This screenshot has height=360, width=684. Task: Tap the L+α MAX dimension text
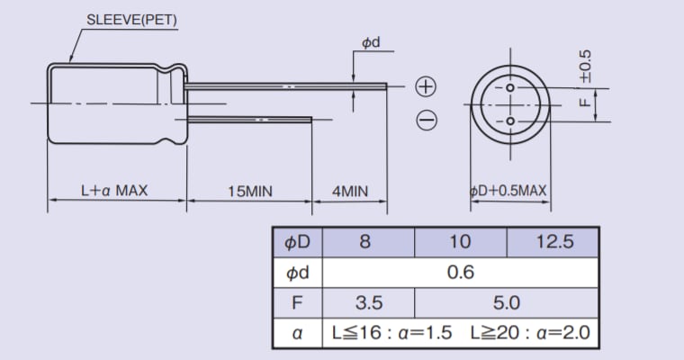[x=114, y=191]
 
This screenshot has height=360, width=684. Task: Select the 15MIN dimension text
[x=249, y=191]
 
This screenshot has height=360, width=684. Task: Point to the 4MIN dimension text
[x=350, y=191]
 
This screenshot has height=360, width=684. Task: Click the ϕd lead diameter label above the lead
[x=371, y=42]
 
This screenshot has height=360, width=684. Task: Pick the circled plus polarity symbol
[x=426, y=86]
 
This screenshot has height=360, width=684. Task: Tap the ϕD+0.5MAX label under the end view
[x=508, y=191]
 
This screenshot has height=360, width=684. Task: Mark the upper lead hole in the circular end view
[x=509, y=88]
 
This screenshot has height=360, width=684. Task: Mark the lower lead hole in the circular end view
[x=509, y=121]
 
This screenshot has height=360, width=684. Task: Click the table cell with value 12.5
[x=553, y=242]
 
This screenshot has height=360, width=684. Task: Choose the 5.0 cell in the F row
[x=506, y=302]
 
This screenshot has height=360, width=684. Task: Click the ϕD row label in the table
[x=297, y=242]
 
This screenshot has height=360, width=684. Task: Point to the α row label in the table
[x=297, y=333]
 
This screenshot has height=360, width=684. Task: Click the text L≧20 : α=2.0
[x=530, y=333]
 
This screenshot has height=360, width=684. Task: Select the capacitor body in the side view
[x=112, y=103]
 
